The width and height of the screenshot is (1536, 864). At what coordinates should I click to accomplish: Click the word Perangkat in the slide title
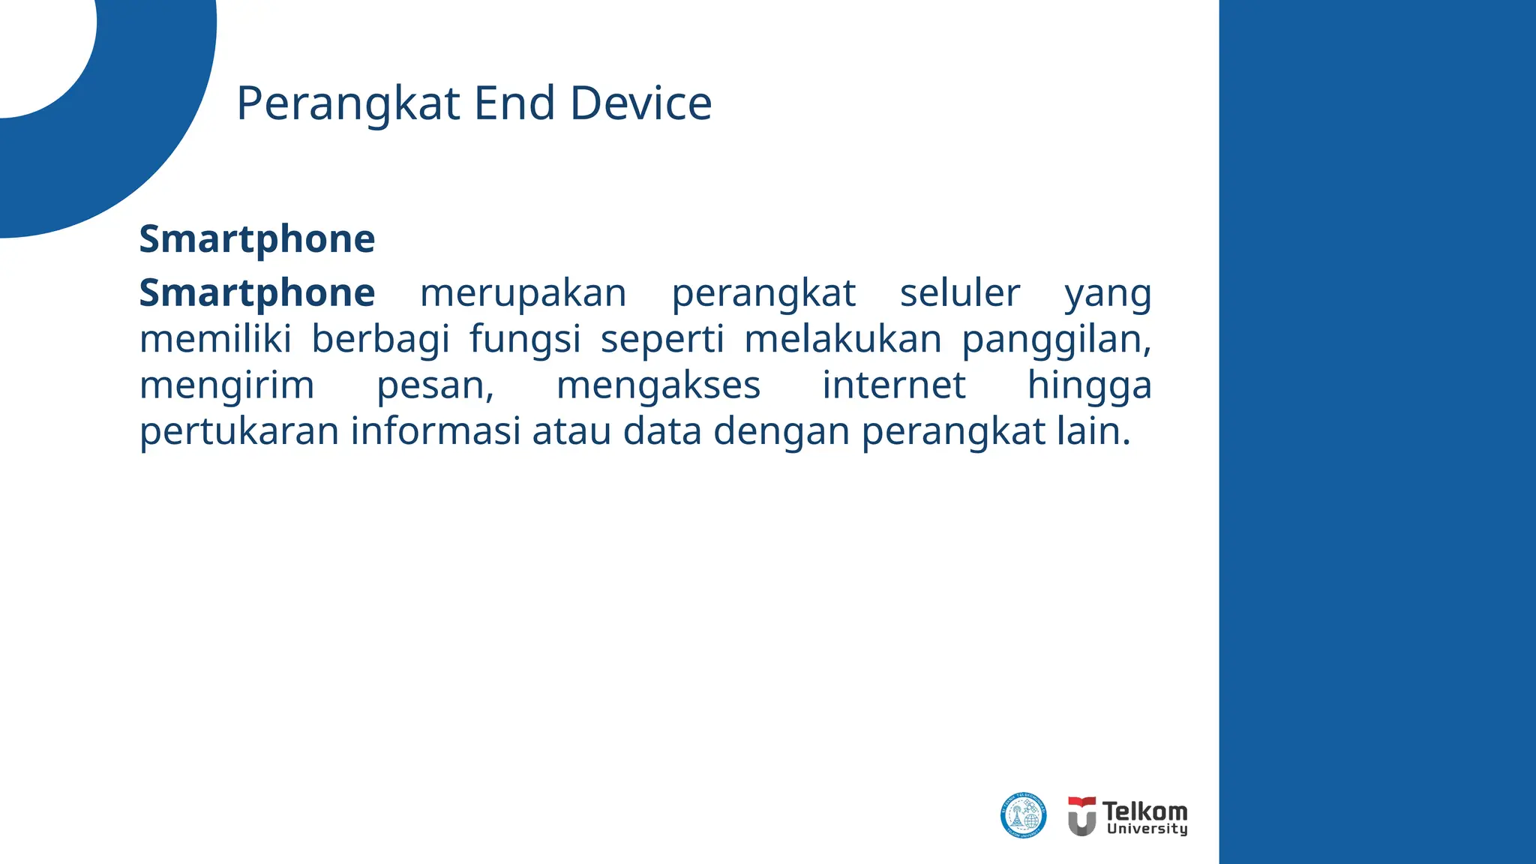347,103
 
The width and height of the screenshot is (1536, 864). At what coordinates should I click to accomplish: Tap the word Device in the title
640,103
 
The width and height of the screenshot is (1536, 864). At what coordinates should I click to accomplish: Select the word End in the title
514,103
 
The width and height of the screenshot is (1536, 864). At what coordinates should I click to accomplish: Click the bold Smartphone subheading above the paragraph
256,239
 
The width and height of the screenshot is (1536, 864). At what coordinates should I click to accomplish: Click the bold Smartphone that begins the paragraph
256,293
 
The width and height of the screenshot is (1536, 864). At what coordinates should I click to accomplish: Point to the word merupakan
523,293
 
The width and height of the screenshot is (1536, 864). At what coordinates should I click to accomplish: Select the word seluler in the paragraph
959,293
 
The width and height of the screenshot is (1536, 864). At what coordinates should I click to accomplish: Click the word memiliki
215,339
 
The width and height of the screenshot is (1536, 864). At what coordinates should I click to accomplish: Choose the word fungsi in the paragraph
525,340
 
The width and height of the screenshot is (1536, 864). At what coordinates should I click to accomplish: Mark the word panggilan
1056,340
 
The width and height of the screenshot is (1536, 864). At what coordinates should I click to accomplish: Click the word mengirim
226,387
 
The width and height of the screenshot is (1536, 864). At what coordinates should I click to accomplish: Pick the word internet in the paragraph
893,385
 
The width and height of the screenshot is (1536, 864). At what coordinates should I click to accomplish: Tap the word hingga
1089,387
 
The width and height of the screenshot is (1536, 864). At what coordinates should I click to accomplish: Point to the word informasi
436,431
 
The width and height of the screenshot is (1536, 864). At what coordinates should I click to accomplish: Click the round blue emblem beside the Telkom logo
1023,815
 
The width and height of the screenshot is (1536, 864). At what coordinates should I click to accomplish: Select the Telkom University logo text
1144,817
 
